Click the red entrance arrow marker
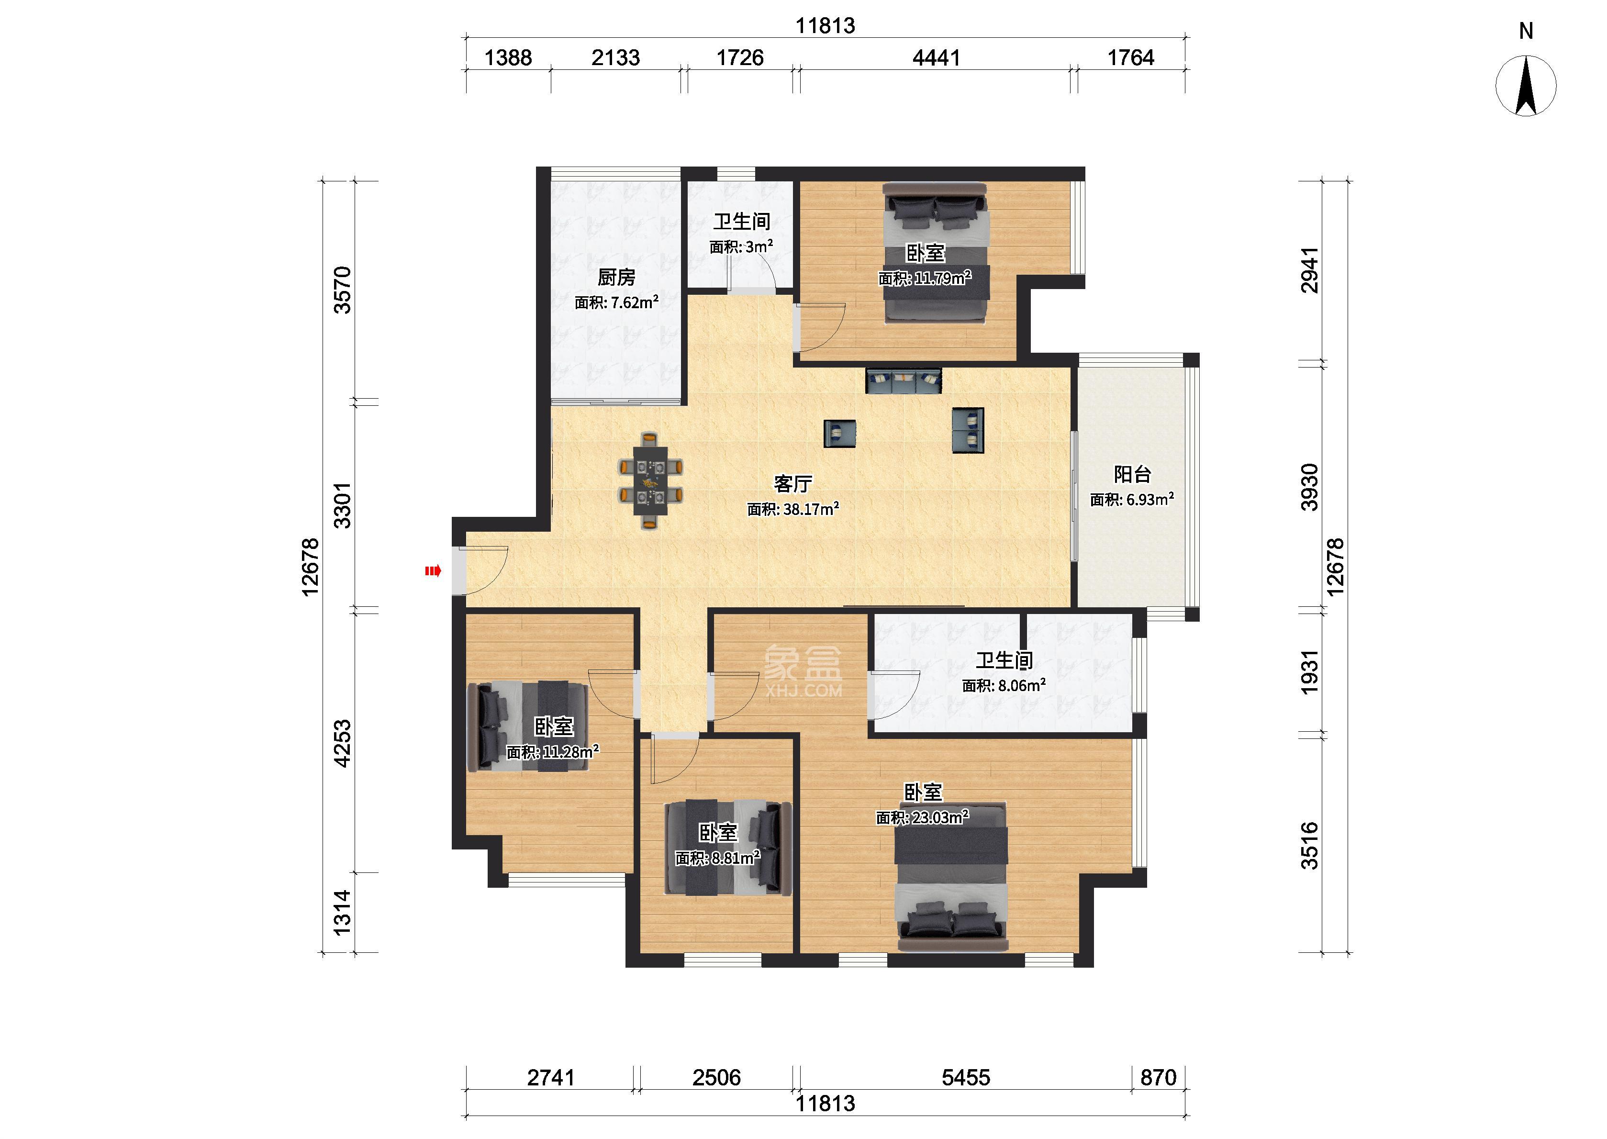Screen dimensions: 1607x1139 pyautogui.click(x=433, y=571)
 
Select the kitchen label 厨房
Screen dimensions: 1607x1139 pyautogui.click(x=616, y=278)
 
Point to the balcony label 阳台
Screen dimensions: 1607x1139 pyautogui.click(x=1132, y=475)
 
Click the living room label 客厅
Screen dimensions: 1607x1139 pyautogui.click(x=793, y=484)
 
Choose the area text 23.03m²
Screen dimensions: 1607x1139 pyautogui.click(x=940, y=816)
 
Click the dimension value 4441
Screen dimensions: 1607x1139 pyautogui.click(x=936, y=57)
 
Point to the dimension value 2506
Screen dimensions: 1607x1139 pyautogui.click(x=716, y=1077)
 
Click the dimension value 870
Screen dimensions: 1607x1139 pyautogui.click(x=1158, y=1077)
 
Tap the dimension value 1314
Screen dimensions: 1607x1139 pyautogui.click(x=342, y=913)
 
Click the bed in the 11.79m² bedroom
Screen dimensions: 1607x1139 pyautogui.click(x=935, y=253)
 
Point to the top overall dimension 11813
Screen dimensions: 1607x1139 pyautogui.click(x=825, y=26)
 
